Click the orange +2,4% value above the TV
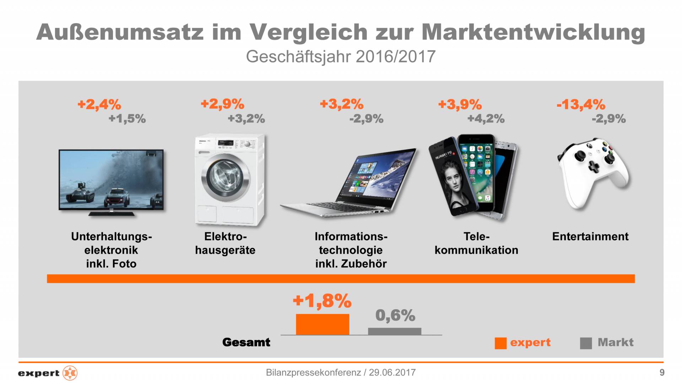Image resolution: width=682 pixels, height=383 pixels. tap(99, 104)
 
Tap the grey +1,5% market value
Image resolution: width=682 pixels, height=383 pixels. tap(127, 118)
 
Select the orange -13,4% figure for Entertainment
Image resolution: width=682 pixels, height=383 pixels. tap(581, 104)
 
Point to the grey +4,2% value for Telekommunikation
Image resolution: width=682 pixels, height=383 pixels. tap(486, 118)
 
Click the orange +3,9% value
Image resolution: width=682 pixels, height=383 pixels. tap(460, 104)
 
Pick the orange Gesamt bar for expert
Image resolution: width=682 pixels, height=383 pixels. tap(322, 324)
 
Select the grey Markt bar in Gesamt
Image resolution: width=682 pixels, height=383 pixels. tap(394, 331)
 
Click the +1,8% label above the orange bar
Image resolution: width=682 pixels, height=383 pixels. tap(322, 301)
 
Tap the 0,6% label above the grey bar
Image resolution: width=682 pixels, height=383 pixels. tap(395, 315)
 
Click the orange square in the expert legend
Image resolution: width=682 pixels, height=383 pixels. tap(500, 343)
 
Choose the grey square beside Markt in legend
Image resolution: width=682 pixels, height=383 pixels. tap(586, 343)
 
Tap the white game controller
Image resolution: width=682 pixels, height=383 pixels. tap(592, 172)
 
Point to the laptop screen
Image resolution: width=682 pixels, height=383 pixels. tap(378, 175)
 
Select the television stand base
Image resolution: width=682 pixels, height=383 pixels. tap(111, 214)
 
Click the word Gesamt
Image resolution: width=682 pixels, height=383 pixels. tap(246, 342)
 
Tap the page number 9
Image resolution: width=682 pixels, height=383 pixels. tap(662, 372)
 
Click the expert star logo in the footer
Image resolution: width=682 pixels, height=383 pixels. tap(70, 373)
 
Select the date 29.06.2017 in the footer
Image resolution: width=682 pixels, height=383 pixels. tap(392, 372)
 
